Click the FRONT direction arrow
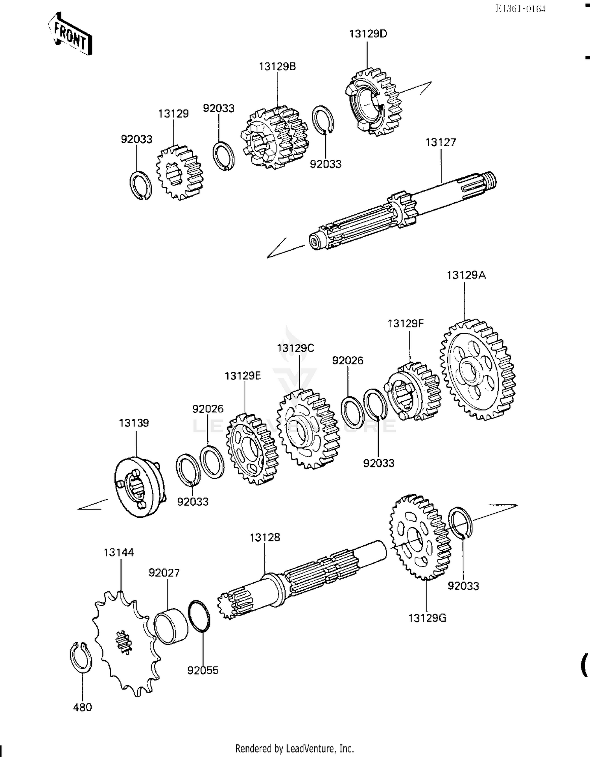[x=70, y=35]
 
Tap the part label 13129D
[x=368, y=34]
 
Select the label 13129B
[x=277, y=66]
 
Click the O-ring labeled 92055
[x=199, y=616]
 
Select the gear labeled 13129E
[x=252, y=449]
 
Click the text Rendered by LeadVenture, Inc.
[x=294, y=748]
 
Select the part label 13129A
[x=466, y=275]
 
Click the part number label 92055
[x=203, y=670]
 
